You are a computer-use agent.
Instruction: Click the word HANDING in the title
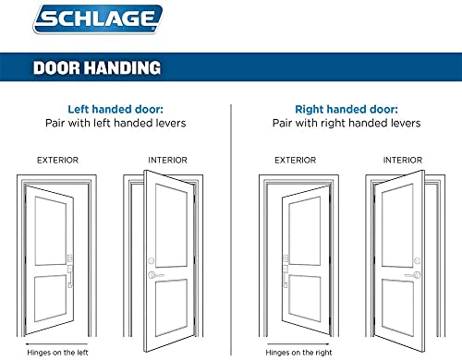coord(126,67)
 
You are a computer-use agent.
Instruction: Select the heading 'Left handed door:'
coord(115,107)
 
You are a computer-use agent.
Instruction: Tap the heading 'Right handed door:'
coord(346,107)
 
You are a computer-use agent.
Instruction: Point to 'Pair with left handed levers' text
coord(115,123)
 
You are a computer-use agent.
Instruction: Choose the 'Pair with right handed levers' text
coord(346,123)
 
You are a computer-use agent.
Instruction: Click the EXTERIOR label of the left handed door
coord(57,160)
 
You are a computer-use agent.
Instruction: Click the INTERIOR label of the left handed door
coord(168,160)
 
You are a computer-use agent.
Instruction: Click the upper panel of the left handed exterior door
coord(50,223)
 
